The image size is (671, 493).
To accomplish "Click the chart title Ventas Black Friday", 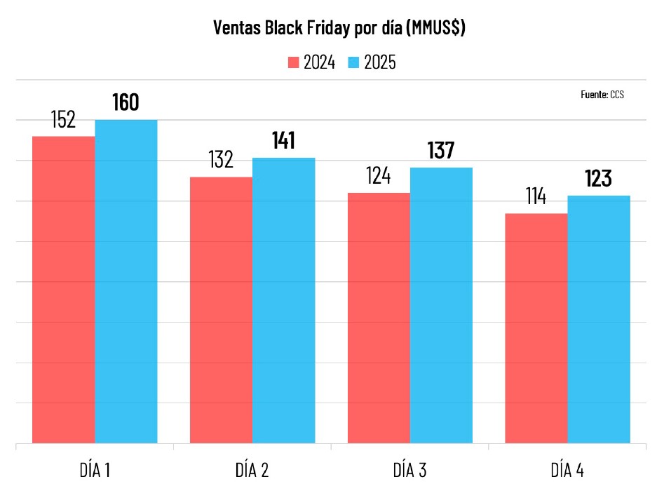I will point(339,29).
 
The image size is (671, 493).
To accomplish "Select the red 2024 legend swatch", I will point(293,63).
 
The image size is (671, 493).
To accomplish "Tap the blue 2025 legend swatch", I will point(353,63).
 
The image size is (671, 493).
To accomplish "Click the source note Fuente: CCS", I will point(602,94).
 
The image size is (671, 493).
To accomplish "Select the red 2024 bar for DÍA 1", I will point(64,289).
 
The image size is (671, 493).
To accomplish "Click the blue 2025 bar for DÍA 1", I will point(126,281).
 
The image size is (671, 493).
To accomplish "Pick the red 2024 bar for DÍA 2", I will point(221,309).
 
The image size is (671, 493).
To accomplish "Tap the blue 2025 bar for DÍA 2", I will point(283,300).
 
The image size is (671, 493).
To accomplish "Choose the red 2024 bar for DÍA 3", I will point(379,317).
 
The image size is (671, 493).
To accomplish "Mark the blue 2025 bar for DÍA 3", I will point(441,305).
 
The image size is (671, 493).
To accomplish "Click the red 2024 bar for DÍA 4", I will point(536,327).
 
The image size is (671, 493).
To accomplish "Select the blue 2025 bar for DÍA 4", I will point(599,319).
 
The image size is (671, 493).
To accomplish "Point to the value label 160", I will point(126,103).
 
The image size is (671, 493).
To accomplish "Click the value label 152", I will point(63,120).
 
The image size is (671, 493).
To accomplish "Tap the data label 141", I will point(283,141).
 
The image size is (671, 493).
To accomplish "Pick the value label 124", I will point(379,176).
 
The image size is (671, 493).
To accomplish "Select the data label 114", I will point(536,197).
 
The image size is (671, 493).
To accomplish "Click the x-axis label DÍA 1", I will point(95,471).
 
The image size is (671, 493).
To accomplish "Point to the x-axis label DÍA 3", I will point(409,471).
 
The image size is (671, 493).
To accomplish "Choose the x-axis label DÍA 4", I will point(567,471).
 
